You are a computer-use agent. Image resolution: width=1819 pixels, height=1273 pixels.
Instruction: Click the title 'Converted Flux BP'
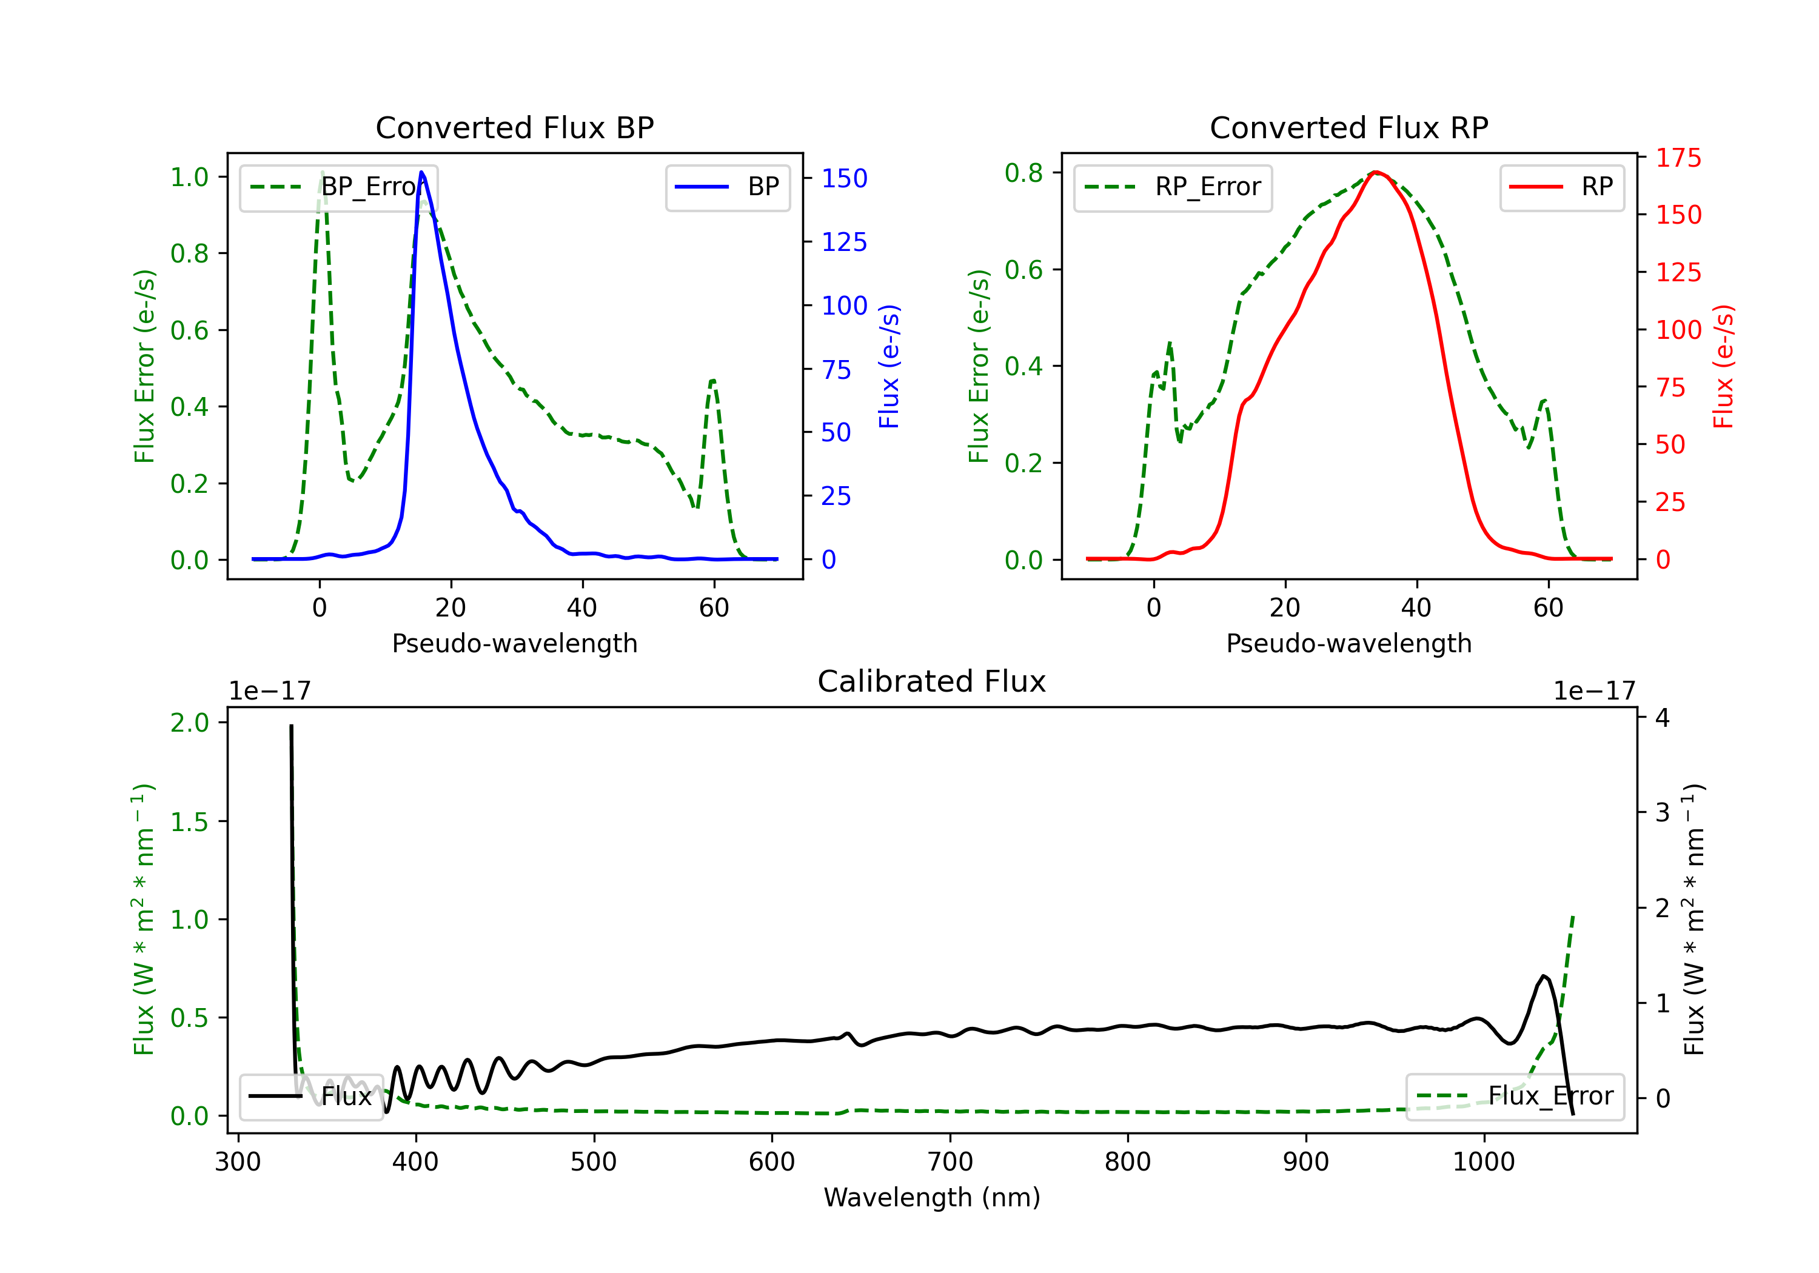(514, 127)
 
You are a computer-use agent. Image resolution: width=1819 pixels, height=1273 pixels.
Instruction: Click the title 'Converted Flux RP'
(1348, 127)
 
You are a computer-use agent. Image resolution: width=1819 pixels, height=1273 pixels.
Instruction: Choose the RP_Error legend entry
(1173, 187)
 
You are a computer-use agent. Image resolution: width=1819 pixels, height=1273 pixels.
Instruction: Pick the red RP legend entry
(1561, 187)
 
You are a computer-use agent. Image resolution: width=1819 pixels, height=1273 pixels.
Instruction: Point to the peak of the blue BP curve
(421, 172)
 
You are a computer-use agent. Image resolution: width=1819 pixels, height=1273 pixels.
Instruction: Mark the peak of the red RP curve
(1376, 172)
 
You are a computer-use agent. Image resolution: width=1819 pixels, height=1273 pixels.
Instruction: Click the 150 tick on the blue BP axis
(844, 178)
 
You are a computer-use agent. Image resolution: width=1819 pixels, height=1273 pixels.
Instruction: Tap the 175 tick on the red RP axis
(1678, 158)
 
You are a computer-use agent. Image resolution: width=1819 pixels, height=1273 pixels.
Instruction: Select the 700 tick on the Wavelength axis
(950, 1162)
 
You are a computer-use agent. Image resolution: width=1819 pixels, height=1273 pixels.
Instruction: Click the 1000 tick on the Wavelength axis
(1483, 1162)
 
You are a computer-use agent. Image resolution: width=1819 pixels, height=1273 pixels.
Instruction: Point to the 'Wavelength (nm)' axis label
(932, 1197)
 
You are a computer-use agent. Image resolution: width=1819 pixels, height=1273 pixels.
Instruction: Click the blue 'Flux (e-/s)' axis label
(889, 366)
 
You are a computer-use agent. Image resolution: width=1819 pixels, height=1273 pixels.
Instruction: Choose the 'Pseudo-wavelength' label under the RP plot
(1348, 643)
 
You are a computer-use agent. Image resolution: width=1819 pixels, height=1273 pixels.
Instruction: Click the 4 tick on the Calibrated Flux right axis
(1662, 718)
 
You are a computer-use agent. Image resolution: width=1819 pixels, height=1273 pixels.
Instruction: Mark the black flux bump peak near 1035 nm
(1543, 976)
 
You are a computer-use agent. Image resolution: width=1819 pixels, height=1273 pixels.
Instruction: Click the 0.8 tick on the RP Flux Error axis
(1023, 173)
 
